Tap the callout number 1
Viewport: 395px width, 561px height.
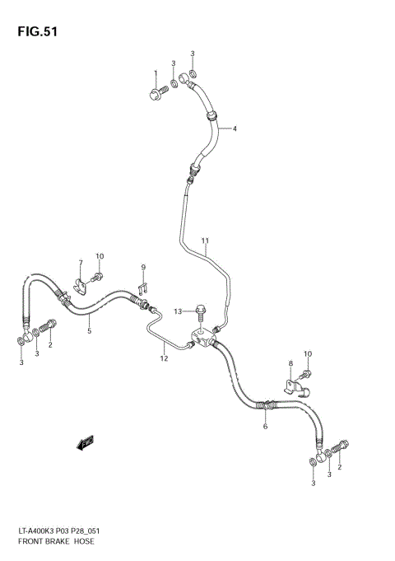[x=155, y=75]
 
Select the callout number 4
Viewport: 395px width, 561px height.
[x=234, y=129]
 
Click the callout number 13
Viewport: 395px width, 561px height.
[x=178, y=311]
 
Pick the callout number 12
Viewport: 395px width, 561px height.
[x=164, y=358]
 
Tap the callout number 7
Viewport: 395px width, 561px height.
[x=81, y=264]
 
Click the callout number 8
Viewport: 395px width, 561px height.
[x=290, y=363]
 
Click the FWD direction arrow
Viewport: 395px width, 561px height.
[x=85, y=445]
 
